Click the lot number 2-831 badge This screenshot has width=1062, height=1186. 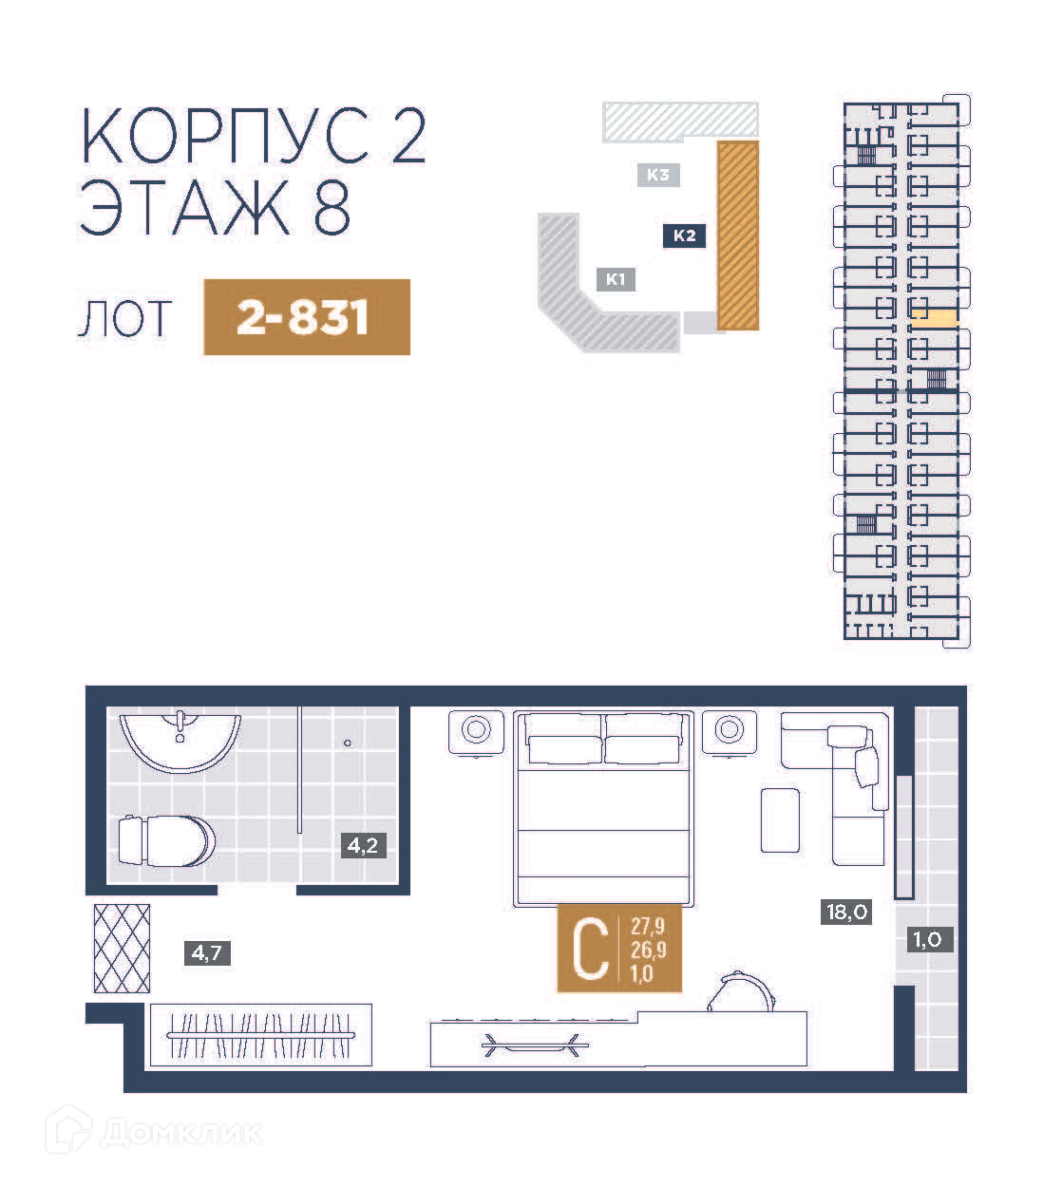click(307, 317)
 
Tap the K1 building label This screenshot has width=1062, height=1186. click(616, 279)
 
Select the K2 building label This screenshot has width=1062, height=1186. click(684, 235)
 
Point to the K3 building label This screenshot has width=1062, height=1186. click(658, 175)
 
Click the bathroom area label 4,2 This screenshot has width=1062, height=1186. click(363, 845)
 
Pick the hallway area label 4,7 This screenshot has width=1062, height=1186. click(207, 953)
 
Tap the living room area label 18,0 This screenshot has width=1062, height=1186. click(846, 912)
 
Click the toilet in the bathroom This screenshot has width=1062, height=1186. click(167, 841)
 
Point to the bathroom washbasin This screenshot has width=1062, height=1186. click(180, 741)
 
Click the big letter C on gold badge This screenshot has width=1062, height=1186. click(590, 949)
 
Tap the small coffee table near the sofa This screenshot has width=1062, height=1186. click(780, 820)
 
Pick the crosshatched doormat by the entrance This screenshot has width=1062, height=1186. click(122, 949)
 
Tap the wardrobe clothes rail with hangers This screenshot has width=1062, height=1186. click(260, 1036)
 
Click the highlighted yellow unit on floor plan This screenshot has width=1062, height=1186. click(935, 318)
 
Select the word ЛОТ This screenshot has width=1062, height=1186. click(124, 319)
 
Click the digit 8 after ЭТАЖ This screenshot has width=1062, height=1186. click(332, 207)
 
